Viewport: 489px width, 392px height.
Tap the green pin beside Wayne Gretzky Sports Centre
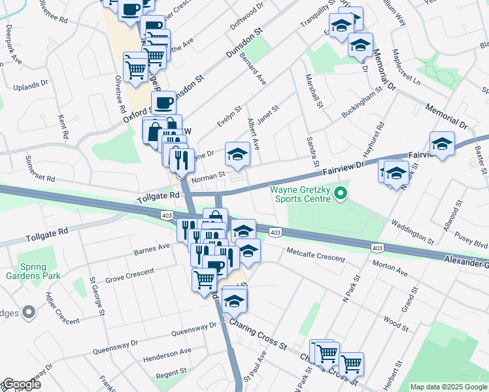point(340,193)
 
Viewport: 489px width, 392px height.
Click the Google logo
point(21,384)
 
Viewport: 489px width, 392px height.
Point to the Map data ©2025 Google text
point(448,387)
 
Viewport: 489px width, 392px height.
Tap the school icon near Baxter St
point(442,144)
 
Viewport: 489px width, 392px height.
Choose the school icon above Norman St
point(237,154)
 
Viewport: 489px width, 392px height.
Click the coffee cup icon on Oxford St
point(163,103)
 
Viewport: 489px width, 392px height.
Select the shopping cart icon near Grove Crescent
point(204,279)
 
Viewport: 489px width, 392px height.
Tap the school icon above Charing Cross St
point(233,301)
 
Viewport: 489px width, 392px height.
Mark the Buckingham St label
point(362,105)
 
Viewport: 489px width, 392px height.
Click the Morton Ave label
point(390,269)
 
